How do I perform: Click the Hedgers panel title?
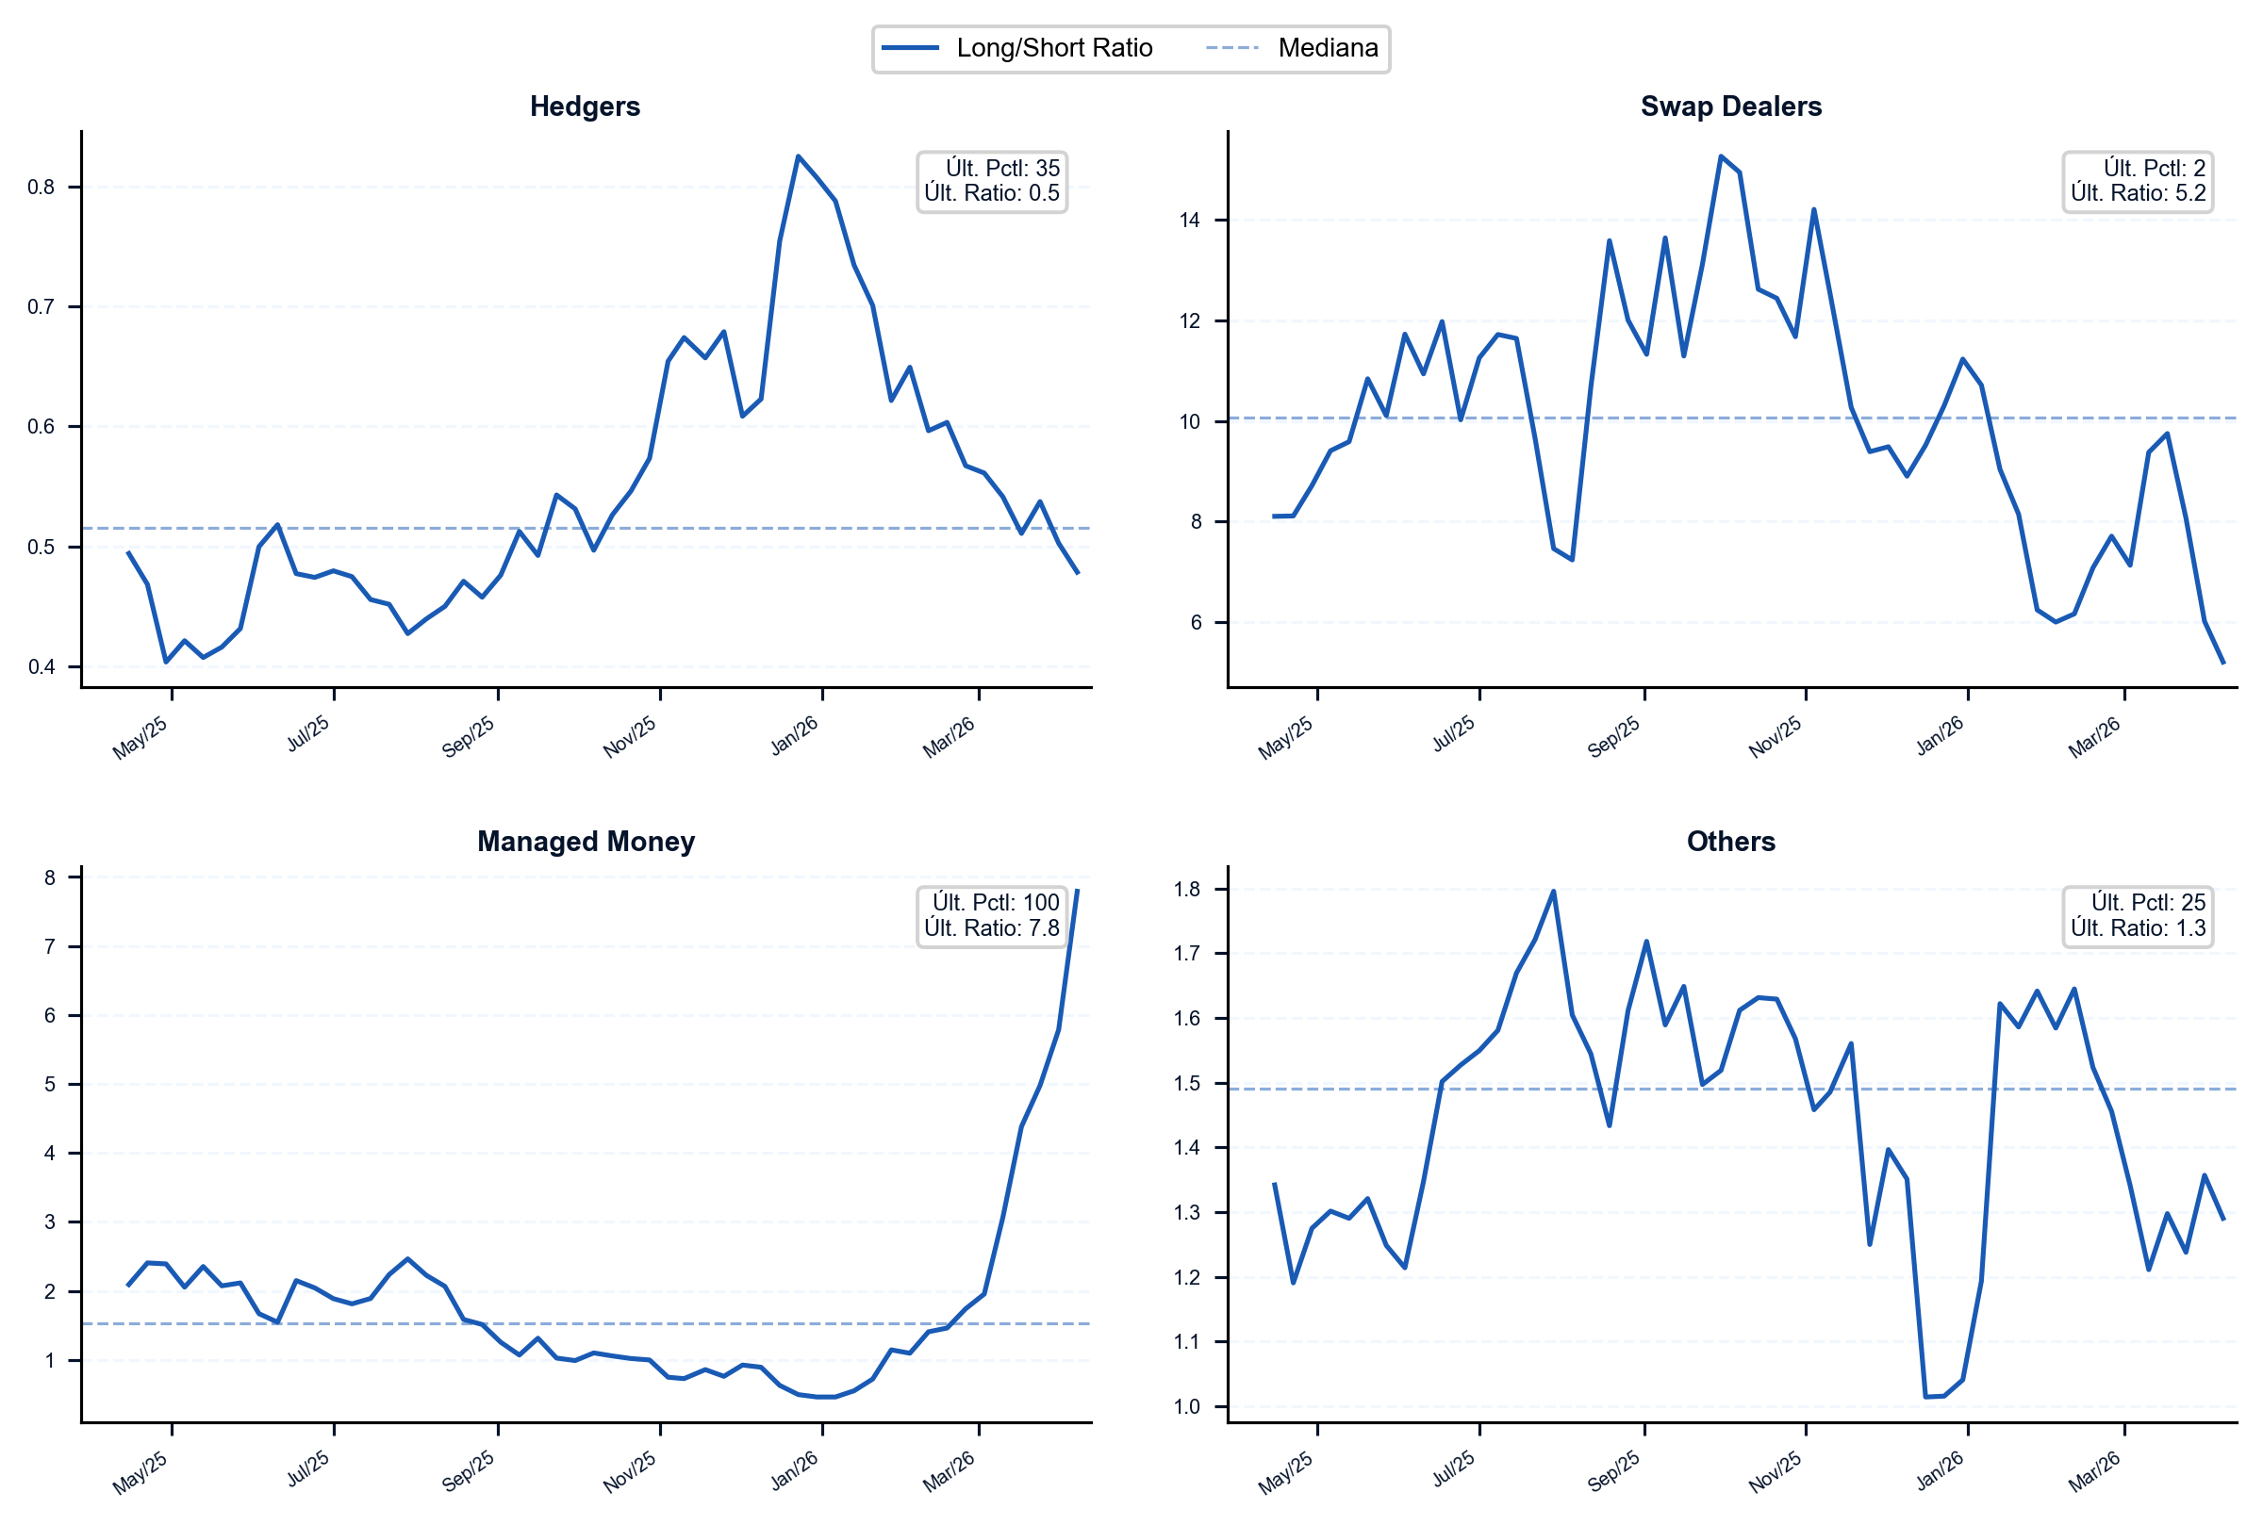tap(585, 106)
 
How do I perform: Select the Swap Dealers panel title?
tap(1731, 106)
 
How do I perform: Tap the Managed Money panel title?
tap(586, 842)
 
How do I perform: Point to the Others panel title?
tap(1731, 842)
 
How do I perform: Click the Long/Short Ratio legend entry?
tap(1016, 48)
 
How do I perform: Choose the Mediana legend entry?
tap(1292, 48)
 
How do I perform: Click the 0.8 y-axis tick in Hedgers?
tap(41, 187)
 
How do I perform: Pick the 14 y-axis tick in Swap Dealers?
tap(1190, 220)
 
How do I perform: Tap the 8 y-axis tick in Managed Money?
tap(50, 877)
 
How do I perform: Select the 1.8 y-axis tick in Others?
tap(1187, 889)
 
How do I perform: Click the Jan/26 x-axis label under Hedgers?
tap(795, 736)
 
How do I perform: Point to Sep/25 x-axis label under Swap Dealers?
tap(1613, 737)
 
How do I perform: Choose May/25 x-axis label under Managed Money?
tap(140, 1472)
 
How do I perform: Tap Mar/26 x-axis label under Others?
tap(2093, 1471)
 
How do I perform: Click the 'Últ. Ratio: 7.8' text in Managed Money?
tap(991, 927)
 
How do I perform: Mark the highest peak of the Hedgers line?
tap(798, 156)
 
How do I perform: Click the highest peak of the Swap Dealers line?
tap(1720, 156)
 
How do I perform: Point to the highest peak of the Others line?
tap(1554, 891)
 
